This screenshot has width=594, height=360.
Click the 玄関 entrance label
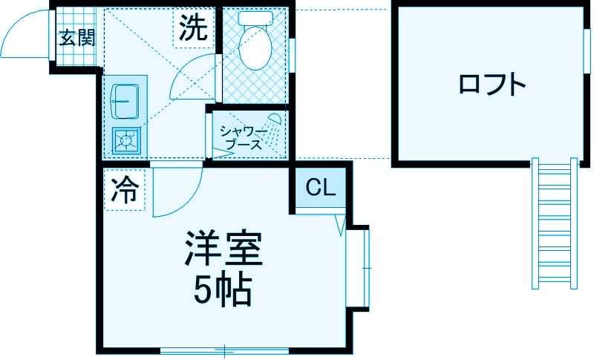[x=76, y=37]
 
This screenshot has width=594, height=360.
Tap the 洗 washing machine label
[x=192, y=29]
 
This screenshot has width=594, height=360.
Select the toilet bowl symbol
[x=255, y=45]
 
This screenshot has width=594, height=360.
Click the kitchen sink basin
[x=125, y=99]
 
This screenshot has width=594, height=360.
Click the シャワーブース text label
[x=244, y=138]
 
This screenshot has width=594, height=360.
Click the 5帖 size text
[x=223, y=291]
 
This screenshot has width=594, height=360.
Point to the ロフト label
[x=492, y=84]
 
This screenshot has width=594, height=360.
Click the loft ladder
[x=553, y=223]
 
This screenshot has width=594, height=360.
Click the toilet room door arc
[x=192, y=78]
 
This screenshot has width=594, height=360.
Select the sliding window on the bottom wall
[x=223, y=350]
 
